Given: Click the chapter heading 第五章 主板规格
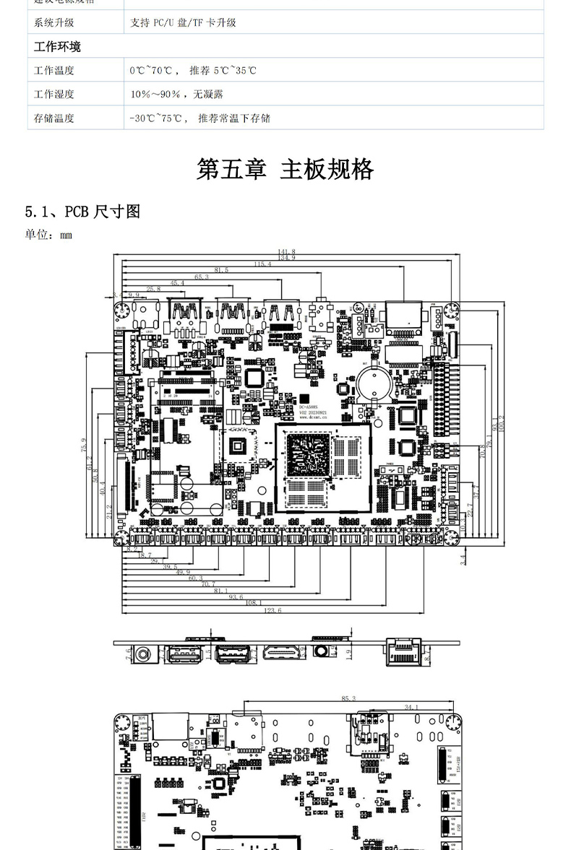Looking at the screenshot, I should pyautogui.click(x=285, y=169).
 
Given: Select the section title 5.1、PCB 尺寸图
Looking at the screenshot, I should pyautogui.click(x=82, y=212).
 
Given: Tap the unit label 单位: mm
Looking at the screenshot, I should pyautogui.click(x=49, y=235).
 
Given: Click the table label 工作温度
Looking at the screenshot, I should pyautogui.click(x=54, y=71).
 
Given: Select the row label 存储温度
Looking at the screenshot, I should pyautogui.click(x=54, y=118).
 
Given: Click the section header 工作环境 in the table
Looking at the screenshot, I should pyautogui.click(x=58, y=47).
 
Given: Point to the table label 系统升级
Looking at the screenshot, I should pyautogui.click(x=54, y=23).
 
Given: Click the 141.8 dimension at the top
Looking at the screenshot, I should pyautogui.click(x=286, y=251).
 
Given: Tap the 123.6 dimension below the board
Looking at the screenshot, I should pyautogui.click(x=273, y=611).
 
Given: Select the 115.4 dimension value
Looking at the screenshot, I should pyautogui.click(x=262, y=264).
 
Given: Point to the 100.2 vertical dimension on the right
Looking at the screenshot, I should pyautogui.click(x=502, y=425).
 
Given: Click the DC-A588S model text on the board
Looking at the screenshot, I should pyautogui.click(x=312, y=407).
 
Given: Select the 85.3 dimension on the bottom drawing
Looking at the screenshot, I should pyautogui.click(x=348, y=698).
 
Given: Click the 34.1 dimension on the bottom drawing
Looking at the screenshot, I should pyautogui.click(x=412, y=707).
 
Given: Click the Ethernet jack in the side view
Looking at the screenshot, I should pyautogui.click(x=405, y=652).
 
